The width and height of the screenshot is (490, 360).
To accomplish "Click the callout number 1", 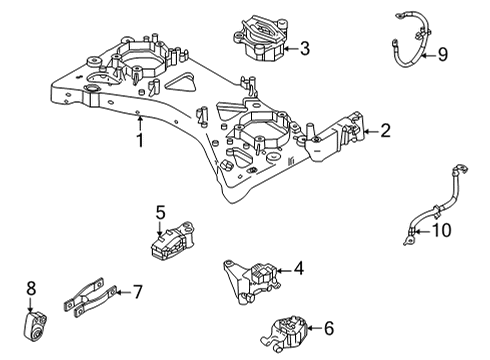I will (140, 141).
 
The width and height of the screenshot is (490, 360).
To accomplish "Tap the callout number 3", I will (305, 47).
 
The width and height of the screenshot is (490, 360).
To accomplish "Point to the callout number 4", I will (298, 269).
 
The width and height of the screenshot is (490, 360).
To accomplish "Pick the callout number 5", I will (159, 212).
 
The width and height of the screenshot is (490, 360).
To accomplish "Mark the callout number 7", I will (138, 291).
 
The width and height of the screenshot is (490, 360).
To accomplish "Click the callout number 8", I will (31, 289).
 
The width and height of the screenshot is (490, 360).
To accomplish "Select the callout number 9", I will (442, 55).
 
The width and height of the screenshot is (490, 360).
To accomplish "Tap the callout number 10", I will (440, 231).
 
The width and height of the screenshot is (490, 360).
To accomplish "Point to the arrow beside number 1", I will (140, 125).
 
